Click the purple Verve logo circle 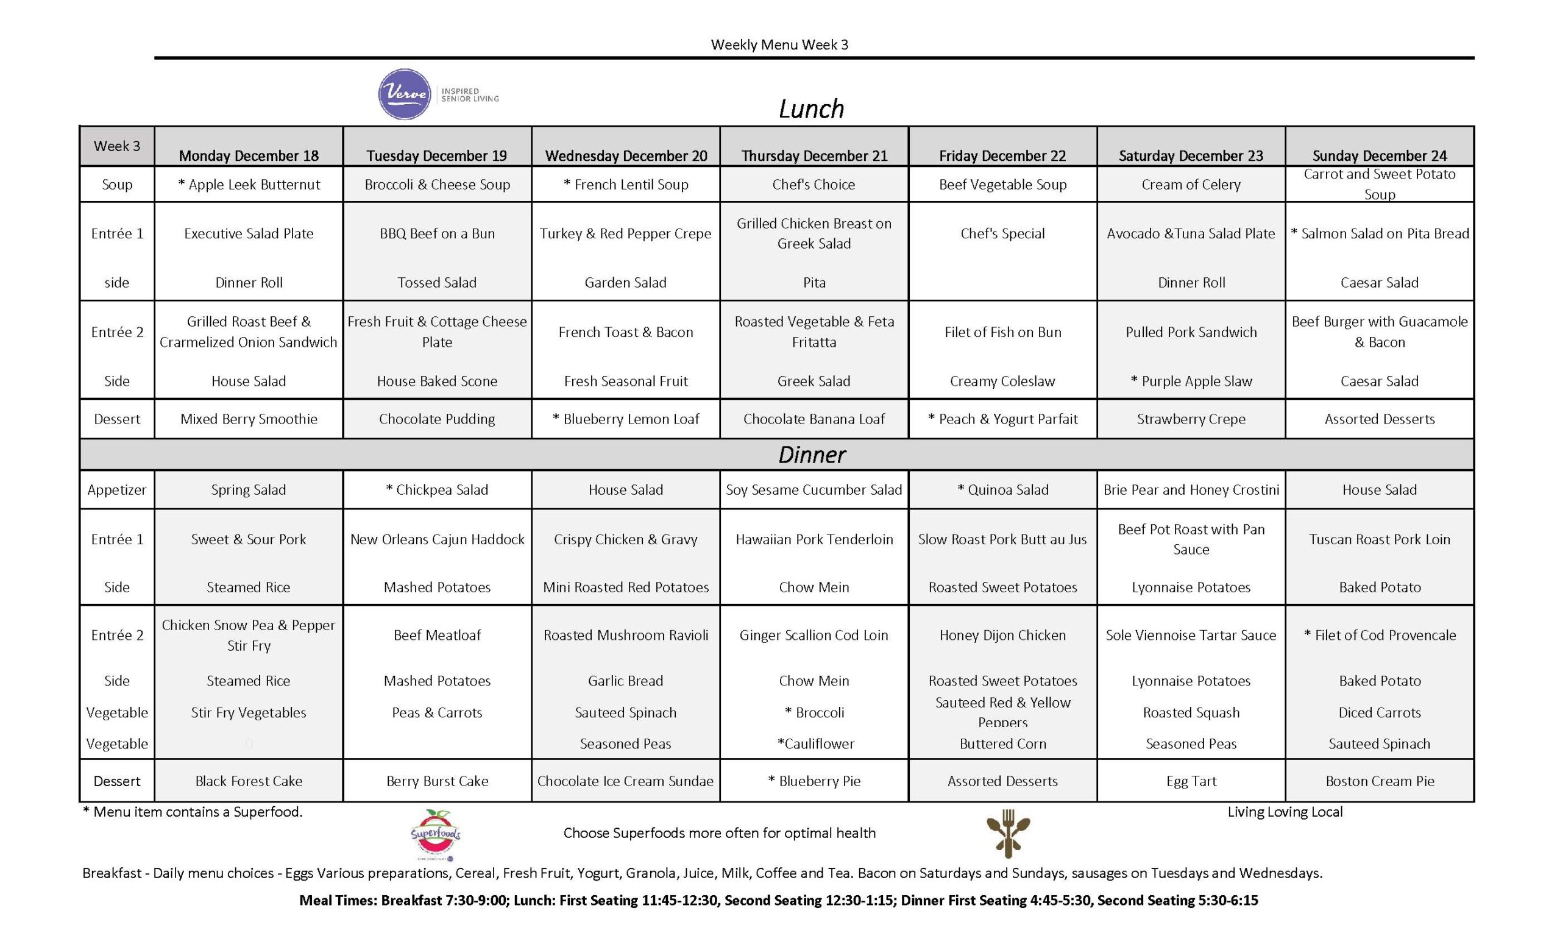pos(405,94)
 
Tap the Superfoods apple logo pos(436,834)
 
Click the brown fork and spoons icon pos(1008,834)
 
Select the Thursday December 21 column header pos(814,156)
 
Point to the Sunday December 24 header pos(1380,156)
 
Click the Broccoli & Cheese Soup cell pos(437,184)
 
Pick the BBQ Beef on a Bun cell pos(437,233)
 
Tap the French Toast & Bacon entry pos(625,332)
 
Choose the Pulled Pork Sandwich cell pos(1191,332)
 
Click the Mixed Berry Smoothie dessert pos(249,419)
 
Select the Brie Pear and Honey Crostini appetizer pos(1191,490)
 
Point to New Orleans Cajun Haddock pos(437,539)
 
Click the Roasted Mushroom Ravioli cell pos(625,635)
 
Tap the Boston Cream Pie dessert pos(1380,781)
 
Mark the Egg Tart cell pos(1191,781)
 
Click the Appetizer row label pos(117,490)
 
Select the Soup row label pos(117,184)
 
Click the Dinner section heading pos(812,455)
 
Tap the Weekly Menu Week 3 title pos(779,44)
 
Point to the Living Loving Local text pos(1285,812)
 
